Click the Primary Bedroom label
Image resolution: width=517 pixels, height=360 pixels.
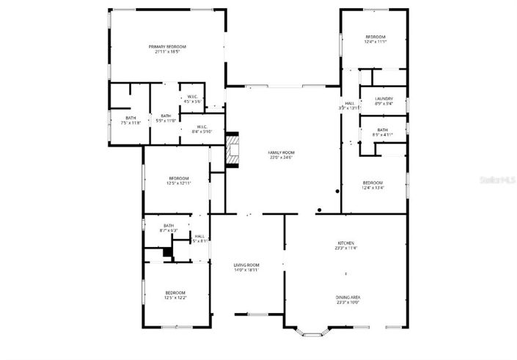pos(170,46)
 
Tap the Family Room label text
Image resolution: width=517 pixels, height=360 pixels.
pos(281,152)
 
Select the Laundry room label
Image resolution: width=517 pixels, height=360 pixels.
pos(384,99)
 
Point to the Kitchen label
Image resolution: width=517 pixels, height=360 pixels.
pos(346,243)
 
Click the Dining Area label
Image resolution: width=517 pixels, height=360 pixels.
pos(348,297)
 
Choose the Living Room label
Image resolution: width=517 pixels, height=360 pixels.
pos(246,265)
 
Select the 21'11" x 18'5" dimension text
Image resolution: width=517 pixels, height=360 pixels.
pos(170,52)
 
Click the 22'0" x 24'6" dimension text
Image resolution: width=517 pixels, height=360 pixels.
pos(281,158)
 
